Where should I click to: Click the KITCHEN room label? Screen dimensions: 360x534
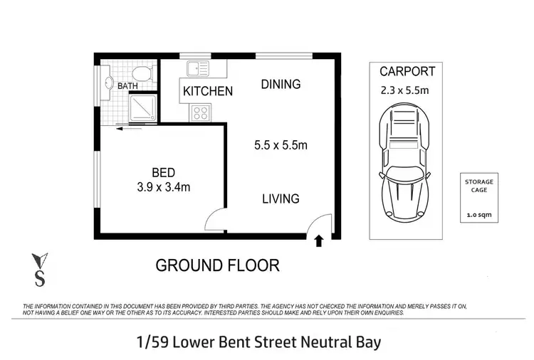[x=208, y=91]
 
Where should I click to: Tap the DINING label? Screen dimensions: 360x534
[x=281, y=84]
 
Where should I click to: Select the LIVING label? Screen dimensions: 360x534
[x=281, y=198]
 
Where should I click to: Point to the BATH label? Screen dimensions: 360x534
[x=128, y=86]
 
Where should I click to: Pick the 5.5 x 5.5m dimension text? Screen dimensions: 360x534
[x=281, y=146]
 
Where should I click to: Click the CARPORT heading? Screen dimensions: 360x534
[x=407, y=71]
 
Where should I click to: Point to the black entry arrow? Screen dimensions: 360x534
[x=318, y=242]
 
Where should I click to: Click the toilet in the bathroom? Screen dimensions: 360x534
[x=143, y=73]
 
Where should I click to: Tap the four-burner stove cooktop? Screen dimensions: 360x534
[x=199, y=112]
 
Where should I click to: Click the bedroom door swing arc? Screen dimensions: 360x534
[x=214, y=221]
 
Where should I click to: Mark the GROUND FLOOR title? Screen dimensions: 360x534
[x=217, y=265]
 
